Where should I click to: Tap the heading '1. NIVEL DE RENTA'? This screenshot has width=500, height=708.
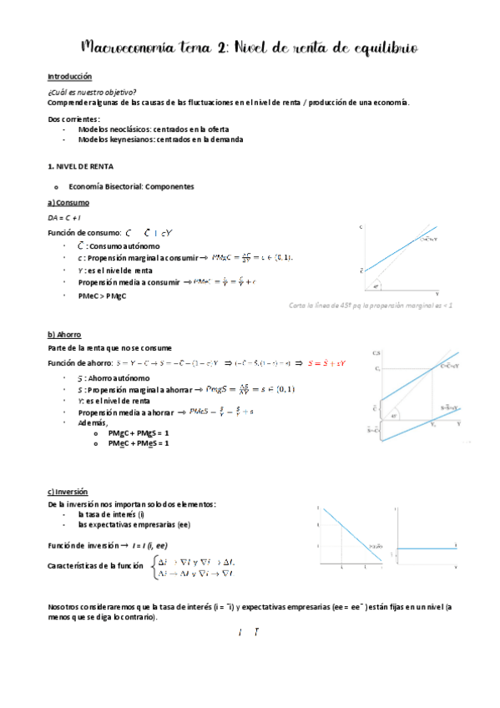point(80,167)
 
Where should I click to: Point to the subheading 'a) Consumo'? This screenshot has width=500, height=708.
point(69,203)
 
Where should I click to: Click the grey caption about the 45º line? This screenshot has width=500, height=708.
point(370,306)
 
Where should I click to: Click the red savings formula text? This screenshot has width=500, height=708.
point(326,363)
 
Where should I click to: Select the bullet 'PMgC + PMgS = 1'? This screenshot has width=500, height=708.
point(139,433)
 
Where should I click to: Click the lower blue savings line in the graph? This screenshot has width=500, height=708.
point(417,417)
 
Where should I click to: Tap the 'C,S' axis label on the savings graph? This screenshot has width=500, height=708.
point(376,351)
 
